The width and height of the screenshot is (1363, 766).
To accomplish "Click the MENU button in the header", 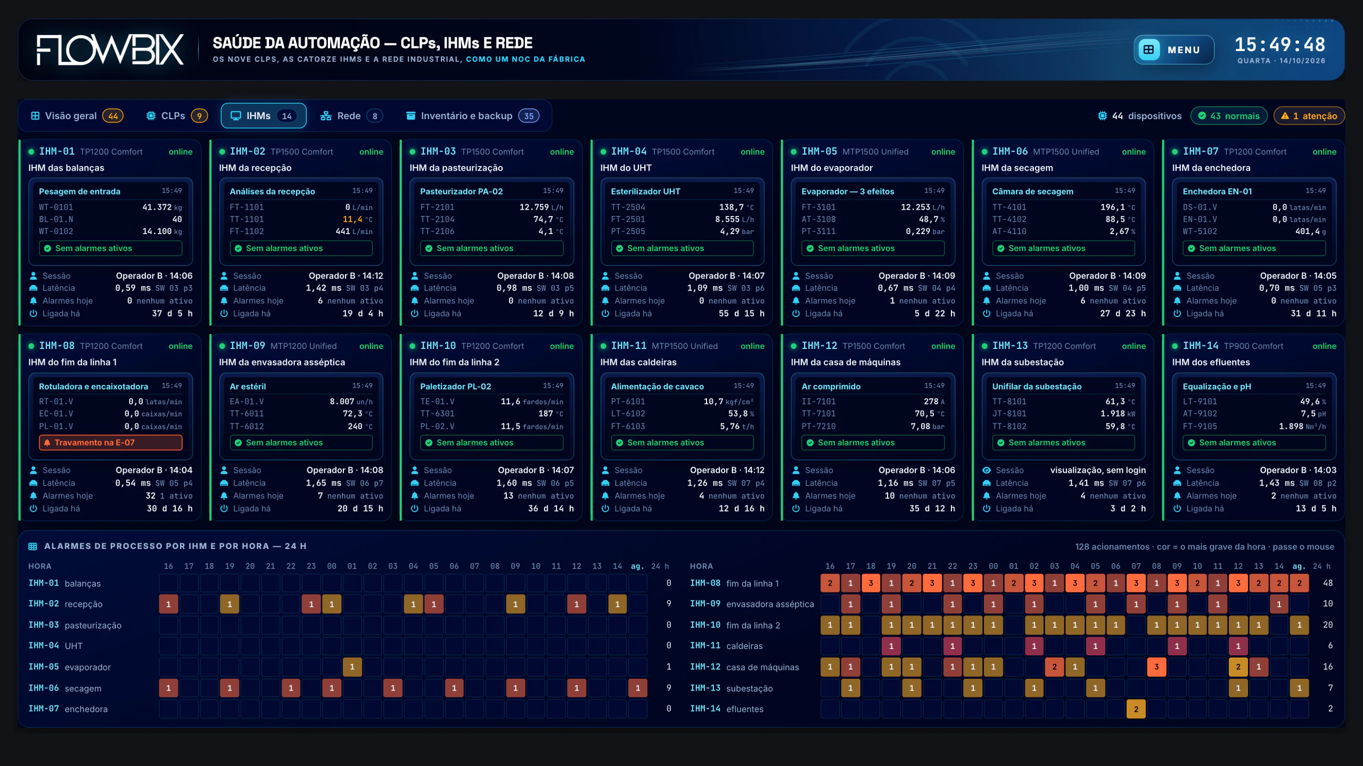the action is coord(1173,49).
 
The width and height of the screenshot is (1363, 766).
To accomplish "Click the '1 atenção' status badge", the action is coord(1309,116).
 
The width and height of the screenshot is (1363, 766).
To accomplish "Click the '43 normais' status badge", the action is coord(1228,116).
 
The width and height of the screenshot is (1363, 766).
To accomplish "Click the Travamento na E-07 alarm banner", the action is coord(111,443).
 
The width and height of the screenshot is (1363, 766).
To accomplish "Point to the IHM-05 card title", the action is coord(819,152).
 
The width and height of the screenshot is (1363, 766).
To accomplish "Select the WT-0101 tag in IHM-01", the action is coord(56,207).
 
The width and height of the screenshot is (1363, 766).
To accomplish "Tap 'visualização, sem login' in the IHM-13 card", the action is coord(1098,470).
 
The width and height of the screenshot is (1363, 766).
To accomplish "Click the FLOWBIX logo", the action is coord(110,50).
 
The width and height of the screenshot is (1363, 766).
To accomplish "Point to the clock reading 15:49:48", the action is coord(1280,44).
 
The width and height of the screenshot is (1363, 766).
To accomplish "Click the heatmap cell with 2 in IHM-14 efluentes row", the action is coord(1136,709).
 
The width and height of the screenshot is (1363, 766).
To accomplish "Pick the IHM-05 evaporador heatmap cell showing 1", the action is coord(352,667).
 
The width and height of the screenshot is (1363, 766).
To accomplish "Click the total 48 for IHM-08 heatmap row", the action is coord(1328,583).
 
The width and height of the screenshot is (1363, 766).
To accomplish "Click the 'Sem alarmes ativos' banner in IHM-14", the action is coord(1254,443).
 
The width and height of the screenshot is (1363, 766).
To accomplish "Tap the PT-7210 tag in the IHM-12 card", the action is coord(819,427).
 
